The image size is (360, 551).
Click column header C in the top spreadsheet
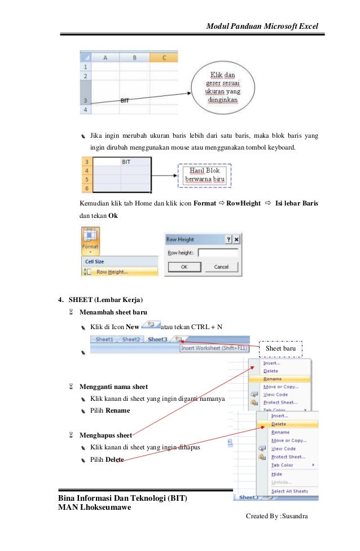point(163,58)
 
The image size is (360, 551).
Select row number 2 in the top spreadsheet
point(85,75)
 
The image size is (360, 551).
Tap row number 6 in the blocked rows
point(87,187)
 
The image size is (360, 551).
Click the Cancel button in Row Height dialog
point(221,266)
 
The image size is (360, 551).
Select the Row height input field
point(218,252)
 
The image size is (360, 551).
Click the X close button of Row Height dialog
point(236,239)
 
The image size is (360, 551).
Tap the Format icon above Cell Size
point(90,240)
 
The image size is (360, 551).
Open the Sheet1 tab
point(104,340)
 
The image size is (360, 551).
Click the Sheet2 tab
point(131,340)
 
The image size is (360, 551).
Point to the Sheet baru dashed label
point(280,349)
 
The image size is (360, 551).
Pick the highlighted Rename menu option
point(280,379)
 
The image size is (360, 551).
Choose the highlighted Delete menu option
point(287,423)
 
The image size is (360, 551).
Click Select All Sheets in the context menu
point(289,491)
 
